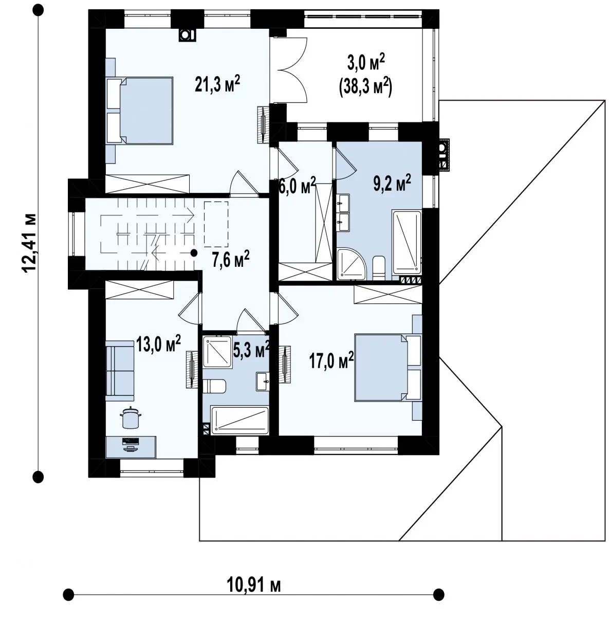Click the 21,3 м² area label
click(217, 84)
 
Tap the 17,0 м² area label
click(331, 360)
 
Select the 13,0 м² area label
click(158, 344)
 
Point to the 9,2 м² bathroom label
click(392, 183)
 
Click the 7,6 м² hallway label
click(231, 259)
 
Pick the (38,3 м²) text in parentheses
click(365, 87)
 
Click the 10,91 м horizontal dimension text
click(254, 585)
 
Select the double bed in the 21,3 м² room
click(140, 110)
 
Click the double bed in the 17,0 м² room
click(387, 368)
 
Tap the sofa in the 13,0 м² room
click(120, 371)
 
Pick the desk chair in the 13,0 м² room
click(131, 417)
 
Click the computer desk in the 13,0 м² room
click(131, 447)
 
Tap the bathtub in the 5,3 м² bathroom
click(239, 421)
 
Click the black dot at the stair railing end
click(193, 253)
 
